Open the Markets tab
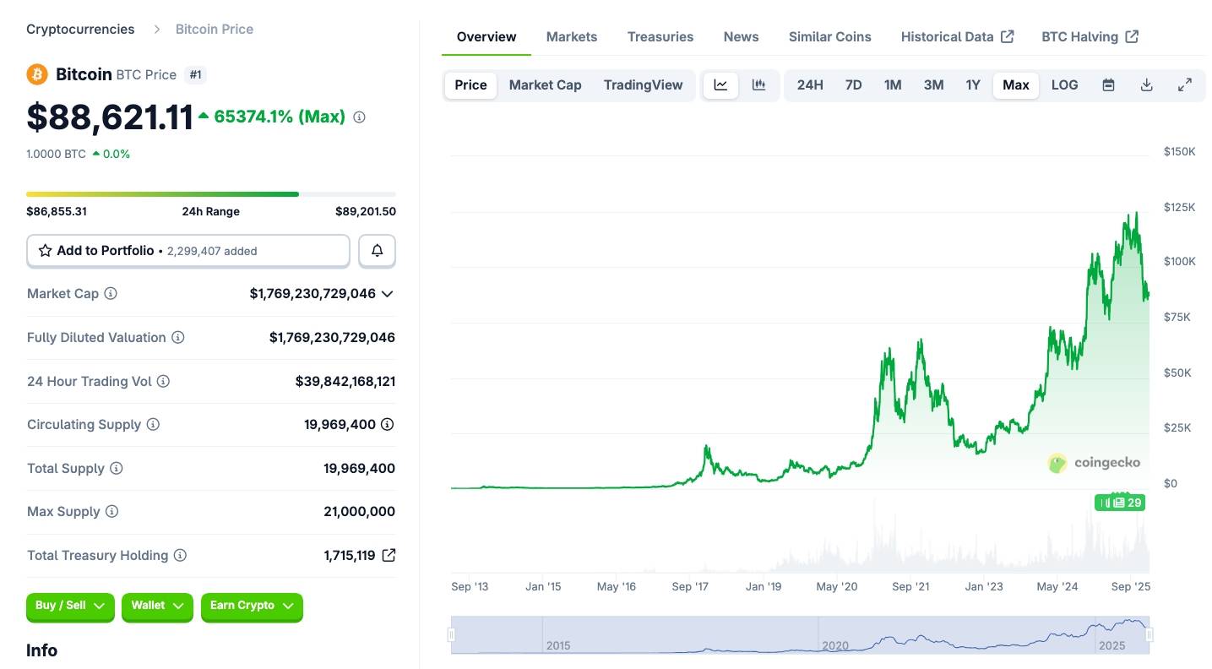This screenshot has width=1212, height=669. pyautogui.click(x=571, y=37)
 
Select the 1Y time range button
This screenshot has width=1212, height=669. pyautogui.click(x=973, y=85)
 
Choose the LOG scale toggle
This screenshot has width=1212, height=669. pyautogui.click(x=1064, y=85)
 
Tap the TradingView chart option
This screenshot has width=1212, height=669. pyautogui.click(x=643, y=85)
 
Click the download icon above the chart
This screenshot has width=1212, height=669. pyautogui.click(x=1146, y=85)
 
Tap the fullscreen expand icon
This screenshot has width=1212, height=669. pyautogui.click(x=1184, y=85)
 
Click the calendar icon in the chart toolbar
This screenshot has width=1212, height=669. pyautogui.click(x=1108, y=85)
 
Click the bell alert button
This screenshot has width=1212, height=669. pyautogui.click(x=377, y=251)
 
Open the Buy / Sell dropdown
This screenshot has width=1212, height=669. pyautogui.click(x=70, y=606)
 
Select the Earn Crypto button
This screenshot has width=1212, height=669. pyautogui.click(x=251, y=606)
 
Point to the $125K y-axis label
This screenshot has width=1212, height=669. pyautogui.click(x=1179, y=207)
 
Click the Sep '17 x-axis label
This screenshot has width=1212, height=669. pyautogui.click(x=690, y=586)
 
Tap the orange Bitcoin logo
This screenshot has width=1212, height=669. pyautogui.click(x=37, y=74)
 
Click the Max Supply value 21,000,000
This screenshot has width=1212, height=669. pyautogui.click(x=359, y=512)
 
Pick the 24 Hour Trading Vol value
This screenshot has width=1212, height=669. pyautogui.click(x=345, y=382)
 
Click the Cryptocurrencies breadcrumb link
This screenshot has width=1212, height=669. pyautogui.click(x=80, y=30)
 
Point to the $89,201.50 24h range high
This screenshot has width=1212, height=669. pyautogui.click(x=365, y=212)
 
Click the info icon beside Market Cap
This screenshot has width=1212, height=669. pyautogui.click(x=111, y=294)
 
